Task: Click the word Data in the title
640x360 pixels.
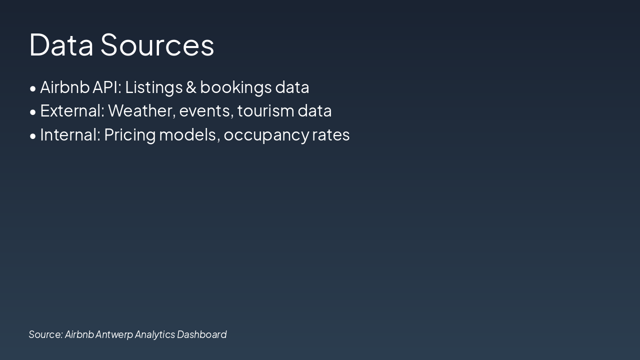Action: click(x=61, y=44)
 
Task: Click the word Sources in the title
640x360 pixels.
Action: click(x=157, y=44)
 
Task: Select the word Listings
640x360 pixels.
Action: click(x=153, y=87)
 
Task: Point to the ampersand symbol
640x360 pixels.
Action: click(x=191, y=87)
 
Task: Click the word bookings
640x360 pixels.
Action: click(x=235, y=87)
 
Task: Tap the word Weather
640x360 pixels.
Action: click(x=141, y=111)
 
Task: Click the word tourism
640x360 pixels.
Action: click(x=265, y=111)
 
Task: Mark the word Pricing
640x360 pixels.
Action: click(x=129, y=135)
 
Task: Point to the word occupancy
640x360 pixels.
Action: click(x=266, y=135)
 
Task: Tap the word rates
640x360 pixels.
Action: click(x=331, y=135)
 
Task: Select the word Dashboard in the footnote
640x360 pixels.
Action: click(x=201, y=334)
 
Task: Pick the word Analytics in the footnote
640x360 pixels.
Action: click(x=154, y=335)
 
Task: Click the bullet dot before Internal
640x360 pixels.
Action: click(x=33, y=136)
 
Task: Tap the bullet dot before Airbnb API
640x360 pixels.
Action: click(x=33, y=88)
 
